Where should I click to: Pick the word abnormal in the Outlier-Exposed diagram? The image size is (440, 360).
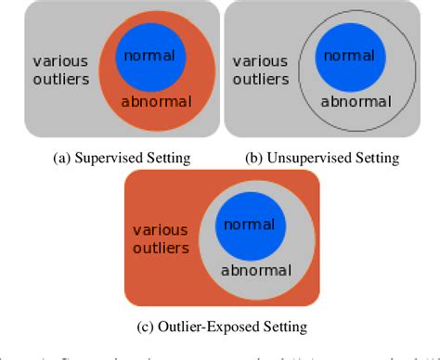[x=256, y=270]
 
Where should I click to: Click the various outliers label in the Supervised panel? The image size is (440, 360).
[x=61, y=71]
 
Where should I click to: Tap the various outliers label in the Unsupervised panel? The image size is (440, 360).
[x=261, y=71]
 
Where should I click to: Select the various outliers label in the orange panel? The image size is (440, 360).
[x=161, y=239]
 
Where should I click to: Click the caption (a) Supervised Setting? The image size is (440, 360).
[x=110, y=158]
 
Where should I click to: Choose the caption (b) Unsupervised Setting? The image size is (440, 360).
[x=321, y=158]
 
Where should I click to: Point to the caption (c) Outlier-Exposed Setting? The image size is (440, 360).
[x=220, y=326]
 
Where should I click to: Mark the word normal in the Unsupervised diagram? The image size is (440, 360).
[x=350, y=56]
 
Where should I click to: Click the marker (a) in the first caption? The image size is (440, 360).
[x=38, y=158]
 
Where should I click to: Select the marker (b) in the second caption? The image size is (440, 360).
[x=252, y=158]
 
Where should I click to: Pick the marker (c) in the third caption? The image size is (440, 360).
[x=142, y=326]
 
